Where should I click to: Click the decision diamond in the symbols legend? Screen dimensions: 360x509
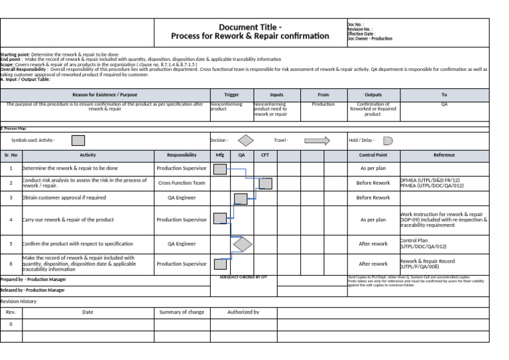point(246,141)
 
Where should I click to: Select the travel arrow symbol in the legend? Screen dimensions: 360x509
point(317,141)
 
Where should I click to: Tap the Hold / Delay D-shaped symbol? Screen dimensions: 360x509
point(388,141)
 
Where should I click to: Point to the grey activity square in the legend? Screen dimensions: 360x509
point(78,141)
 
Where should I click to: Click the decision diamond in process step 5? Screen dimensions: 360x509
point(243,244)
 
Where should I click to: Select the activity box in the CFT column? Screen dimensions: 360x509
point(265,183)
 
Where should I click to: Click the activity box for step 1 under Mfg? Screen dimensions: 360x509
point(220,168)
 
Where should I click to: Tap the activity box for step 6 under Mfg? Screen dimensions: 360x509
point(220,264)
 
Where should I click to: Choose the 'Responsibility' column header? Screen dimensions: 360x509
point(182,155)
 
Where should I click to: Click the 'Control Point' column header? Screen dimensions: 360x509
point(373,155)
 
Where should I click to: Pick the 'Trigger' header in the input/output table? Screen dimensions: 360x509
point(231,95)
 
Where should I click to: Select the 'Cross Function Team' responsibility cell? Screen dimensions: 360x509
point(182,183)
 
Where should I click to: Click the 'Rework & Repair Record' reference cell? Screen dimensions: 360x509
point(427,264)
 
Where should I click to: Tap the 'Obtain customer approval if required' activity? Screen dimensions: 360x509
point(64,198)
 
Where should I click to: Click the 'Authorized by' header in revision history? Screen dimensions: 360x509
point(243,312)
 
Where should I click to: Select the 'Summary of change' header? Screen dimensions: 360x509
point(182,312)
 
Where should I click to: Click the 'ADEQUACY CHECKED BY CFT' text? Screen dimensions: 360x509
point(243,277)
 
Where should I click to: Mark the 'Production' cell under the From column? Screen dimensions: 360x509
point(323,104)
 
